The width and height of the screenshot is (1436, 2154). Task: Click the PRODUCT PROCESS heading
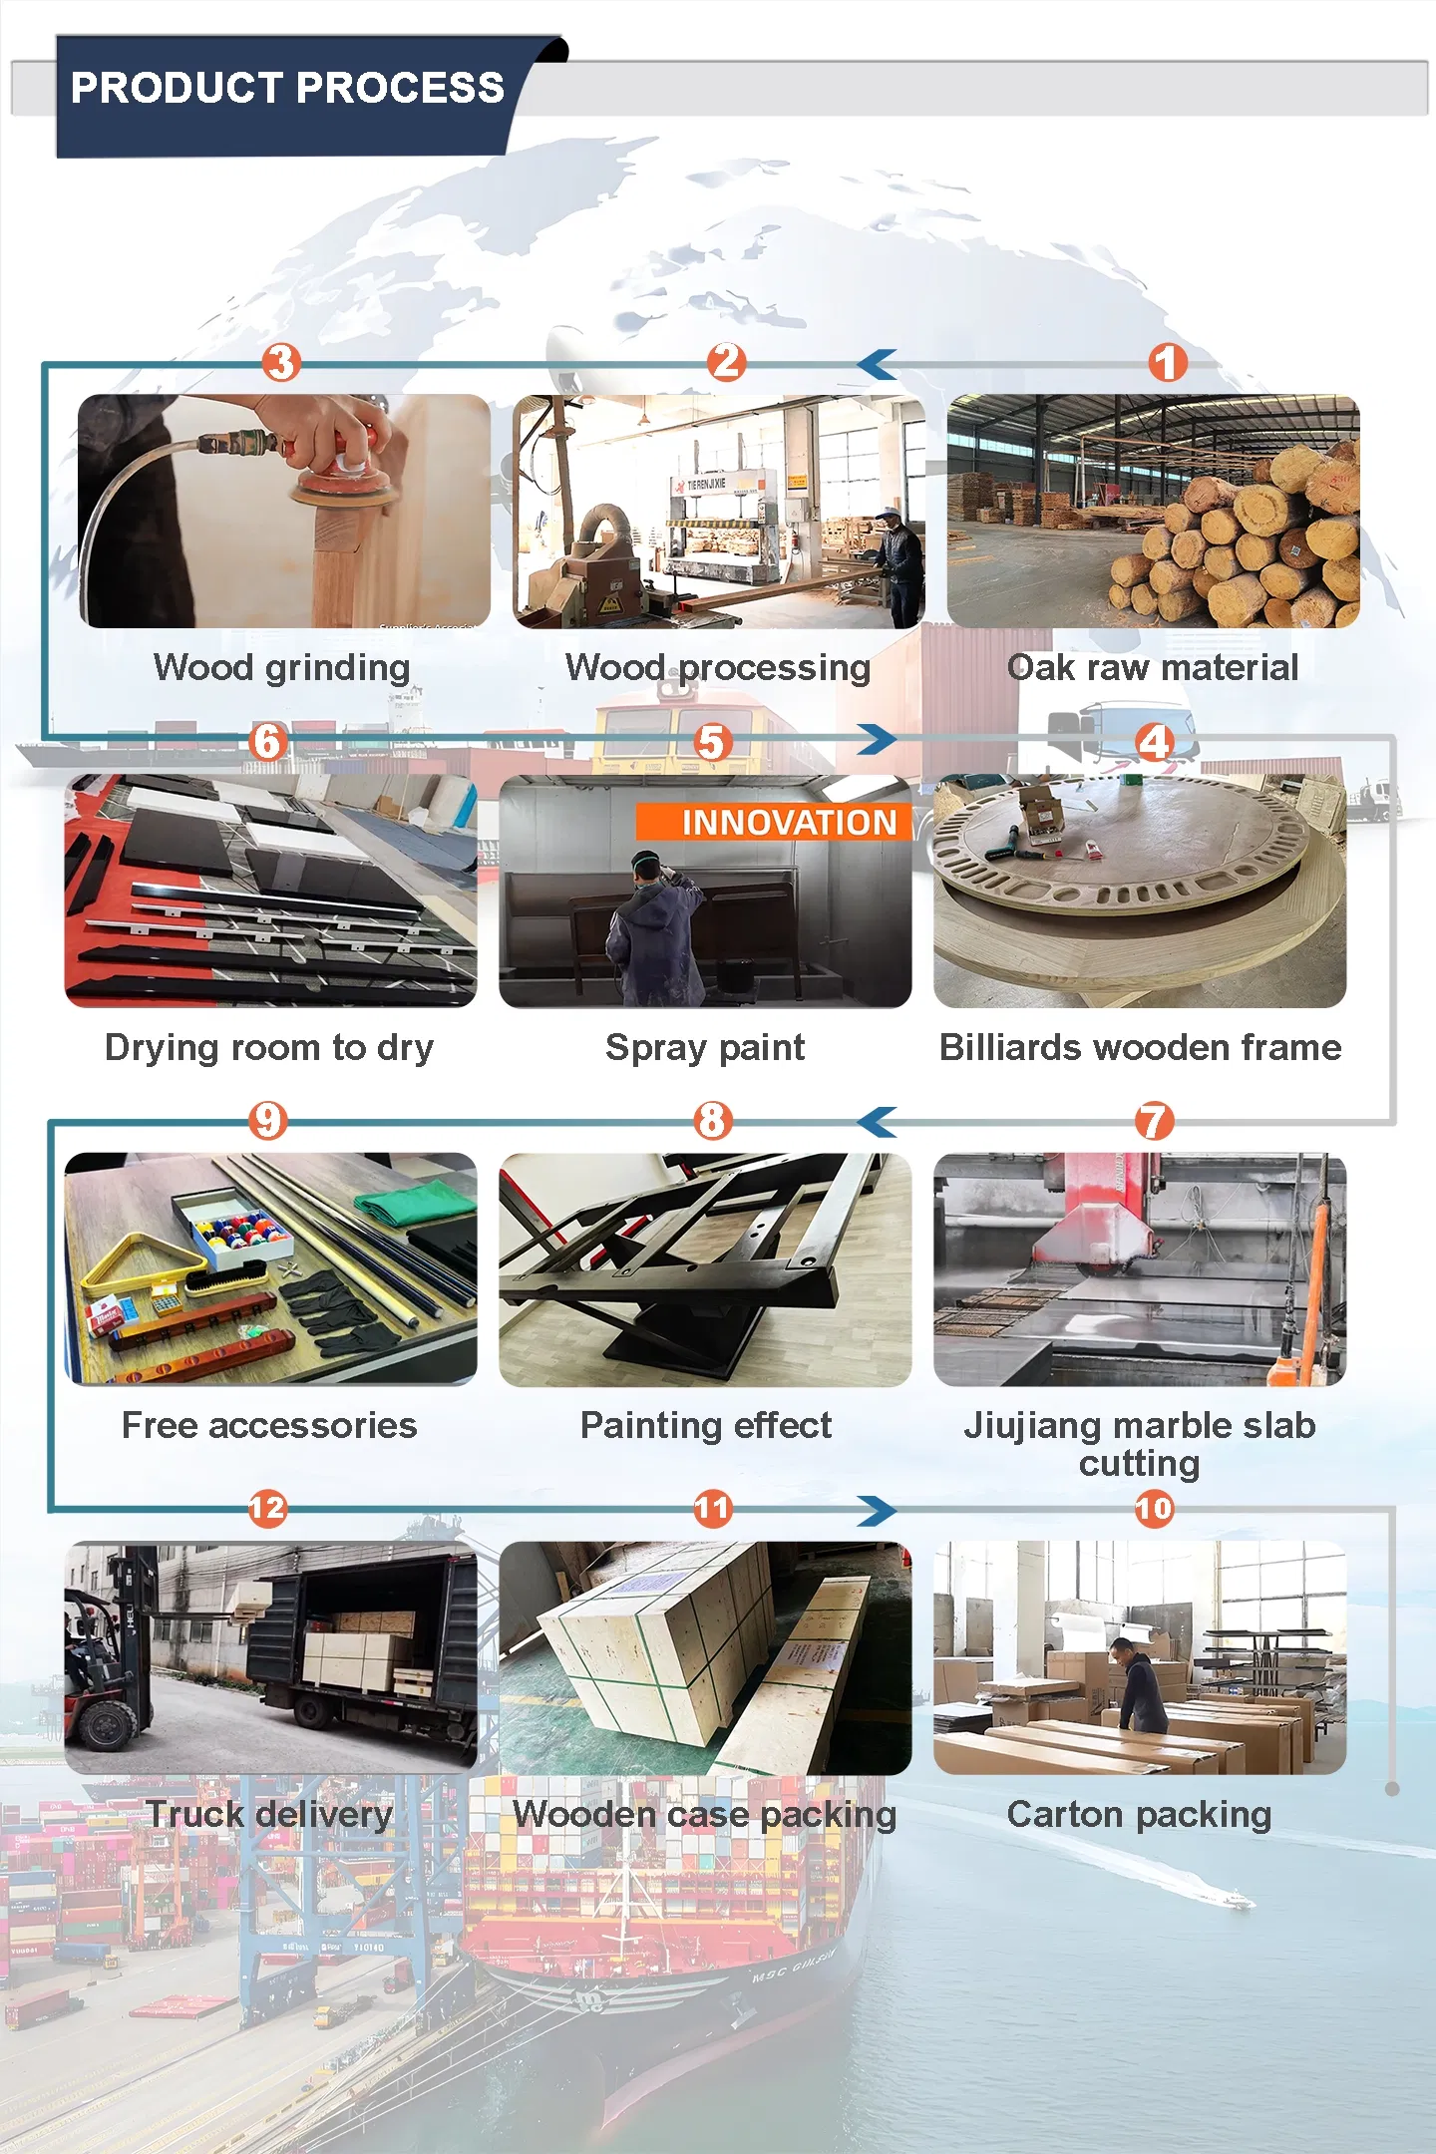pos(287,88)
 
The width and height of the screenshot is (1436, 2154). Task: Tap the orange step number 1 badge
pos(1167,363)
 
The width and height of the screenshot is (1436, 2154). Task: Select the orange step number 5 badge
pos(712,742)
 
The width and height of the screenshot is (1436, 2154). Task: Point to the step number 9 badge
pos(267,1121)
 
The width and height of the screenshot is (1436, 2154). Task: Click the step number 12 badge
pos(267,1508)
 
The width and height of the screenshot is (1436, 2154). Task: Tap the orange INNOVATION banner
pos(774,822)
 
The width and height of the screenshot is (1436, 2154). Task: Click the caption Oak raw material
pos(1153,667)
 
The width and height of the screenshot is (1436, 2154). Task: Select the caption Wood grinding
pos(282,668)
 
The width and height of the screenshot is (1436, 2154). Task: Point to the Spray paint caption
pos(705,1048)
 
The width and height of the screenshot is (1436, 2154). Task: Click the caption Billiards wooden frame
pos(1141,1047)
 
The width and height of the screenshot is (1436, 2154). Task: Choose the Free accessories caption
pos(269,1425)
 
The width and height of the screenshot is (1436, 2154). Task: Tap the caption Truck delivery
pos(269,1814)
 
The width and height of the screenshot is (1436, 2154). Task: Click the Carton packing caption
pos(1139,1815)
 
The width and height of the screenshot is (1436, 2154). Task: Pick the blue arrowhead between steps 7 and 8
pos(878,1122)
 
